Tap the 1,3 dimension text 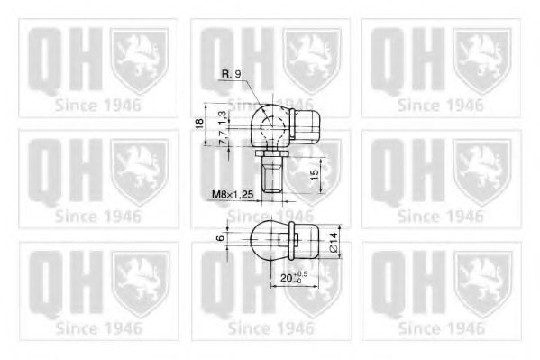click(222, 116)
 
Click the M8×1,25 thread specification click(230, 192)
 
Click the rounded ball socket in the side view click(267, 127)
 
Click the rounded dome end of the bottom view click(262, 241)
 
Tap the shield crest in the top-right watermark click(482, 60)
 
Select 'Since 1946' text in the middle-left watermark click(97, 216)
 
